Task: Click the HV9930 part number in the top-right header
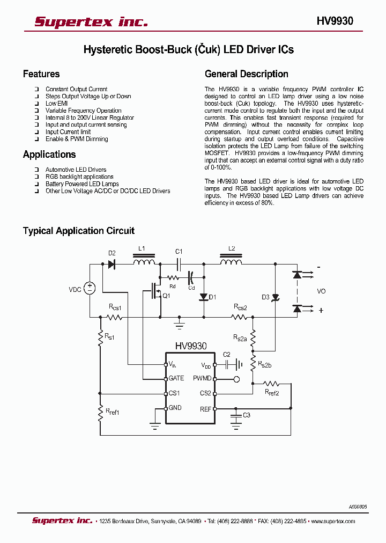(335, 21)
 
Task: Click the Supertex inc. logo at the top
(91, 21)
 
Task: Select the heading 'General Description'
(247, 74)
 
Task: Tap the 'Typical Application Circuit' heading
(79, 231)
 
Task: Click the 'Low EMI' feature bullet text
(56, 104)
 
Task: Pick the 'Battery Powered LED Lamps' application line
(82, 184)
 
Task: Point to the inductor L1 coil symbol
(144, 262)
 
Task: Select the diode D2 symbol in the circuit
(112, 264)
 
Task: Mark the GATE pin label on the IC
(176, 378)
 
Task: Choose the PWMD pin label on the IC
(202, 378)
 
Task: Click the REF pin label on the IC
(206, 408)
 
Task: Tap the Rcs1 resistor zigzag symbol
(115, 317)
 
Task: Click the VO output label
(321, 291)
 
